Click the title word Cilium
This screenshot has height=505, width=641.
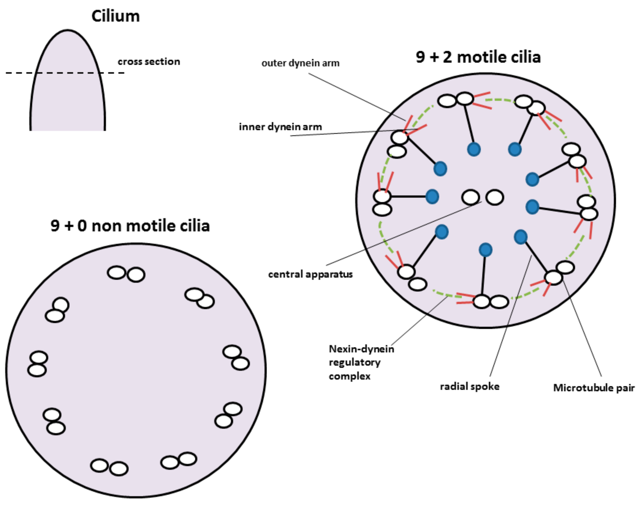[115, 16]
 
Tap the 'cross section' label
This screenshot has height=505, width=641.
[149, 62]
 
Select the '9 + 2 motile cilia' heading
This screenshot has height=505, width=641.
[478, 57]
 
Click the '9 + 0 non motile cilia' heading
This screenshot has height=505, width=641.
[130, 226]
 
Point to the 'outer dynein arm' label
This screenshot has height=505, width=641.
[300, 63]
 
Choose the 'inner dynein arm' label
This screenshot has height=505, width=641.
[280, 127]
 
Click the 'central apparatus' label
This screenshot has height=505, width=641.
[310, 274]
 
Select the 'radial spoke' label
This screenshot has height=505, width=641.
[470, 386]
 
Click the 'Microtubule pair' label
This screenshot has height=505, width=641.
[594, 388]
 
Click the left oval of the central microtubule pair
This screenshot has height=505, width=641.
[470, 197]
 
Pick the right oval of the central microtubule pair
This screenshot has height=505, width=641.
[495, 197]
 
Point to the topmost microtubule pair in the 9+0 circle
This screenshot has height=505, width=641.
[126, 274]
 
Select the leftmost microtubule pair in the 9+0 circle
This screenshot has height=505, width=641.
[38, 364]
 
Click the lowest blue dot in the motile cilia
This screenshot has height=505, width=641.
[485, 250]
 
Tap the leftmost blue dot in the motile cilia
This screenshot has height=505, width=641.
[432, 197]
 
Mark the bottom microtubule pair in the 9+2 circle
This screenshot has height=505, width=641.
[490, 302]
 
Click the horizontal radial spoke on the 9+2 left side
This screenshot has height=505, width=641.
[408, 196]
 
